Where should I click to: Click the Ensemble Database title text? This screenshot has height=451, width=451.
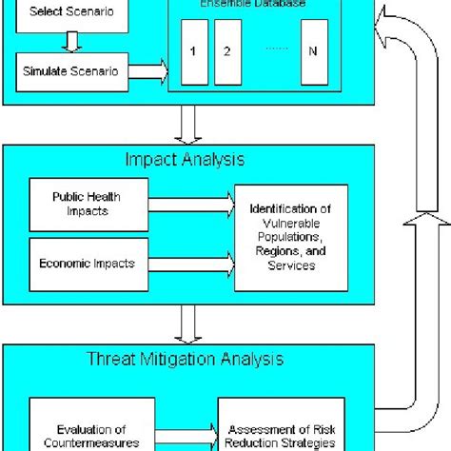click(x=252, y=5)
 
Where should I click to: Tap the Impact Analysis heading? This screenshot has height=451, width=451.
click(x=185, y=158)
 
